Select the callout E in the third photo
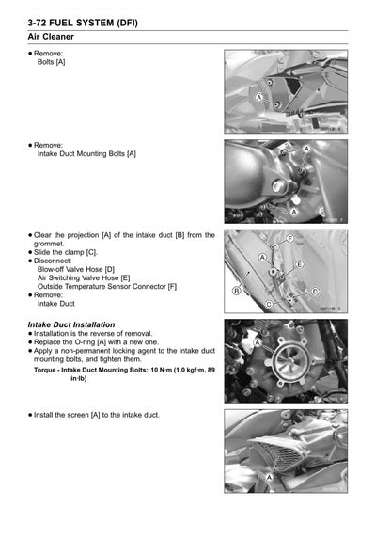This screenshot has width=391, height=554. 299,265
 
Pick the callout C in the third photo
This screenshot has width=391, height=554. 269,305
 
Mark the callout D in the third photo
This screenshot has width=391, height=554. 289,279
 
